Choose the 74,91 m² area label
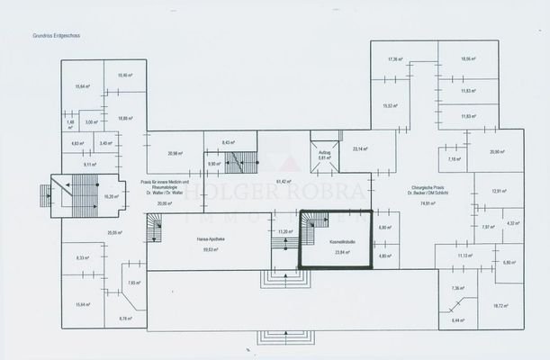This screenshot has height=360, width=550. [x=427, y=203]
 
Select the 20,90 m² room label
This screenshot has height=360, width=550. [x=497, y=151]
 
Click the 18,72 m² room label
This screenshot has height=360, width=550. [x=500, y=305]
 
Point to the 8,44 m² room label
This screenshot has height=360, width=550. [x=457, y=319]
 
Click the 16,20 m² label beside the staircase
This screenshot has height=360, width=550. [x=111, y=196]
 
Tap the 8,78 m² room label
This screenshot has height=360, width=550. [x=124, y=318]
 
